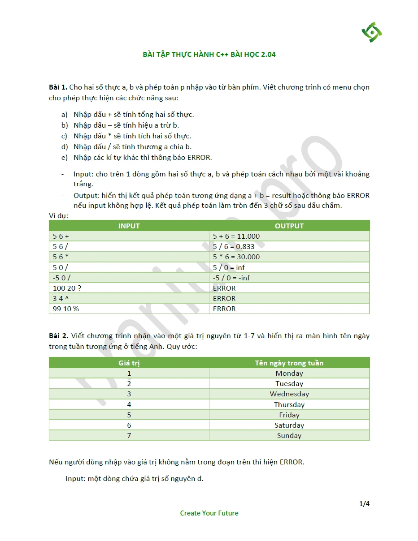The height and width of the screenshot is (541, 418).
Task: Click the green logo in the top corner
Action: point(372,32)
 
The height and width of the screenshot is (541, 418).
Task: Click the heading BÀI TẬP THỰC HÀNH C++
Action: point(209,55)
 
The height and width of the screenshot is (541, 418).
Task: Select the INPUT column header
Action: point(129,226)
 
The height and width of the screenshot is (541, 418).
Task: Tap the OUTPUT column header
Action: point(289,226)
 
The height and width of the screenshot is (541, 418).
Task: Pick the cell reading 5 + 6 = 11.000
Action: point(236,236)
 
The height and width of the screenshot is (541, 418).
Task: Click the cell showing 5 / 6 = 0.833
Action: point(234,246)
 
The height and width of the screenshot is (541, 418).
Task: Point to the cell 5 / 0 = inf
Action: point(229,267)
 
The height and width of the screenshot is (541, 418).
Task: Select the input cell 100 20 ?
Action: point(67,288)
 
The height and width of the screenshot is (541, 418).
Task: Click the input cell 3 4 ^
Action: point(58,298)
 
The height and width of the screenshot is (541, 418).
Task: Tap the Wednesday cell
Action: point(289,394)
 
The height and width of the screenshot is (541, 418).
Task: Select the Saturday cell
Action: point(289,425)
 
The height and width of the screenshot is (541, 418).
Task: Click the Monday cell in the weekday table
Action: point(289,373)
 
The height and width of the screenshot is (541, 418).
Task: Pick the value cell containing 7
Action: point(129,435)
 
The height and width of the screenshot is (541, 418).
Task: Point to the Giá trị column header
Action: point(129,363)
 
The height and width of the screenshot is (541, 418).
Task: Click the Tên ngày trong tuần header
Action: point(289,363)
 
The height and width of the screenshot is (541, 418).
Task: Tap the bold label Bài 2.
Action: point(58,336)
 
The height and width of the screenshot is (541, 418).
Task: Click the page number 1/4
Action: point(364,504)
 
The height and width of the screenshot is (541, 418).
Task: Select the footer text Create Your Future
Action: point(209,513)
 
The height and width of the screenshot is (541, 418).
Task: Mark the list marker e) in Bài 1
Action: point(65,158)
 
